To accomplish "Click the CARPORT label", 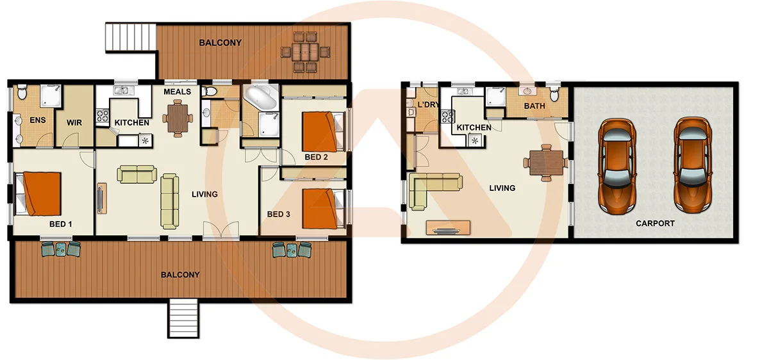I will coord(655,224).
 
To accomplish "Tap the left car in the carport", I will coord(616,165).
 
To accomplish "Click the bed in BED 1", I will coord(40,193).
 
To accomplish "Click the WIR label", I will coord(75,120).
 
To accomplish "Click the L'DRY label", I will coord(427,104).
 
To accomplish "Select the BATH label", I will coord(534,106).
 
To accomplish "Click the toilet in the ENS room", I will coord(22,94).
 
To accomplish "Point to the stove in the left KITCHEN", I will coord(103,116).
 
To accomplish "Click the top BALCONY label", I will coord(220,43).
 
